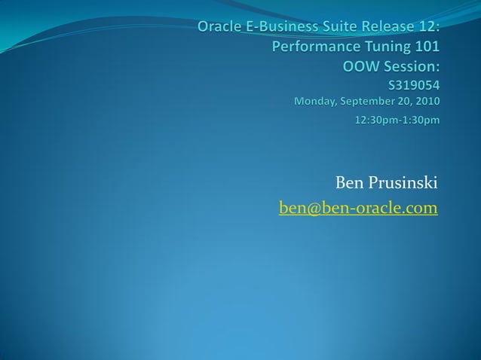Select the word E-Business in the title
click(x=283, y=28)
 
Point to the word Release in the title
click(x=391, y=28)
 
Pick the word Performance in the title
click(x=313, y=47)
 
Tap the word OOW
click(x=360, y=66)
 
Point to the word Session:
click(x=411, y=66)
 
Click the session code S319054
click(x=413, y=84)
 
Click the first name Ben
click(x=348, y=183)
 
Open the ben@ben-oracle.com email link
click(x=358, y=207)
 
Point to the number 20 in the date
click(x=404, y=101)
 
